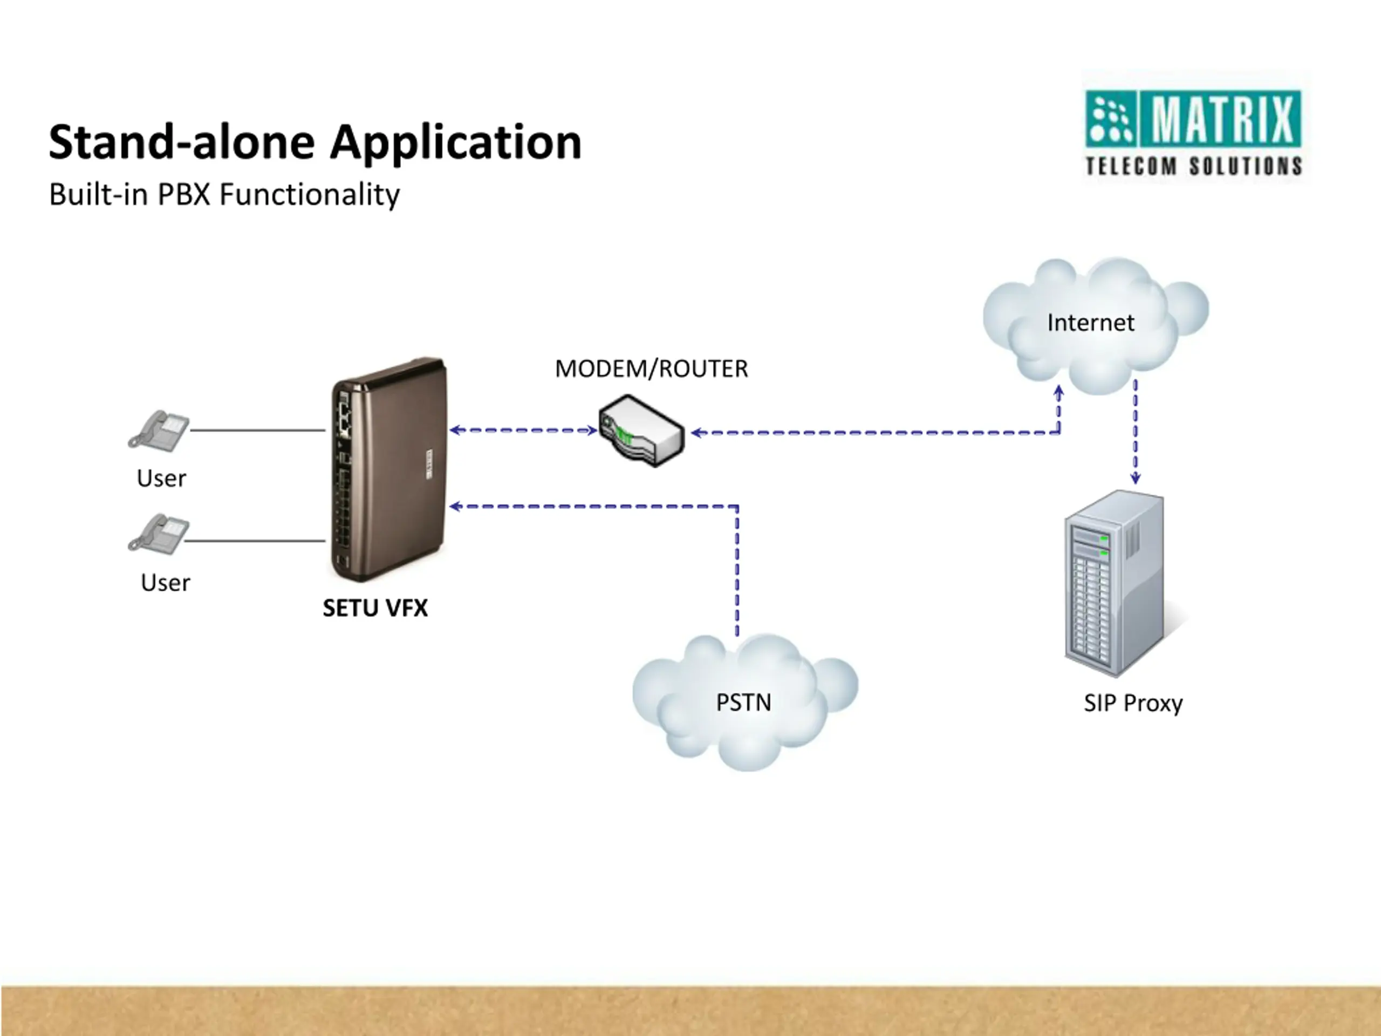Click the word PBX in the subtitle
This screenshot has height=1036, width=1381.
point(183,194)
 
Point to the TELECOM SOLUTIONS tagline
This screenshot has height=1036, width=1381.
point(1194,166)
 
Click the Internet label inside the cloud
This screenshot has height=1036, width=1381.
point(1091,323)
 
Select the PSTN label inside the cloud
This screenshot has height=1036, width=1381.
point(743,703)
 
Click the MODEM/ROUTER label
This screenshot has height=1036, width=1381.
point(651,369)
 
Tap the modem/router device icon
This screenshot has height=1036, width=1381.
point(641,430)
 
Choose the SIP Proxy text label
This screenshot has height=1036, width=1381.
point(1133,704)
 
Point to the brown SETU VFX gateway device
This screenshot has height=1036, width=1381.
point(388,469)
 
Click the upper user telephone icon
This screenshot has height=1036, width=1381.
point(159,430)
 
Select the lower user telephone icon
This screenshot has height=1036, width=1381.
point(159,534)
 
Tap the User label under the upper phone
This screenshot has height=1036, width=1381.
point(161,479)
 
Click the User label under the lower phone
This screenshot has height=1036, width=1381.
point(166,583)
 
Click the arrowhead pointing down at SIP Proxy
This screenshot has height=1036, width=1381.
point(1136,479)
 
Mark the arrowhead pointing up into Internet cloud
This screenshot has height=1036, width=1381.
point(1059,392)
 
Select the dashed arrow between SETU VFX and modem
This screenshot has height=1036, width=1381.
point(523,430)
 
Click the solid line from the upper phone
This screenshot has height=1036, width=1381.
point(258,430)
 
